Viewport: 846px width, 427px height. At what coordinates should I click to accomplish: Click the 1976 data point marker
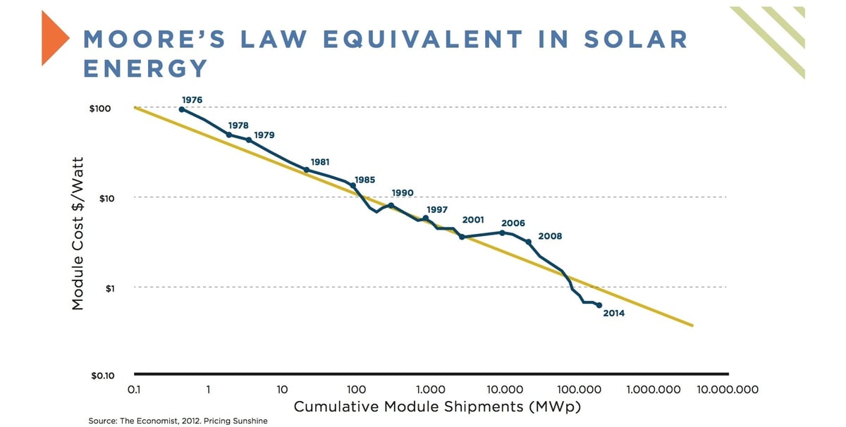point(182,109)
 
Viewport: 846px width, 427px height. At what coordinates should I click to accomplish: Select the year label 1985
point(364,180)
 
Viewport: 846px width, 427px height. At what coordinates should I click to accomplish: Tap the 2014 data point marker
point(599,305)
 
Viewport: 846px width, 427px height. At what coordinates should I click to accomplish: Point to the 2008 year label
point(550,236)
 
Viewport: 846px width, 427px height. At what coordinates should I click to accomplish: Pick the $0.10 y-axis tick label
point(103,376)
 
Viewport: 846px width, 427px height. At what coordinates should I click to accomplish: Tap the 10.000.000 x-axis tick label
point(727,390)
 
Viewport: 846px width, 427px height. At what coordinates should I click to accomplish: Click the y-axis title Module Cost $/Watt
point(78,233)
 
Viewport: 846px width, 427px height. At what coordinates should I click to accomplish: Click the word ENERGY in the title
point(145,68)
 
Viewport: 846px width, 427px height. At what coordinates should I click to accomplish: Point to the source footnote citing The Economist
point(178,421)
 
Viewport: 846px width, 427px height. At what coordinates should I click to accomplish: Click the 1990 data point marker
point(391,206)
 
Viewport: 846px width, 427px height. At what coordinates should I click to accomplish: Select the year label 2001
point(473,220)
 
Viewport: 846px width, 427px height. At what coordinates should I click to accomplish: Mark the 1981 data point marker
point(306,170)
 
